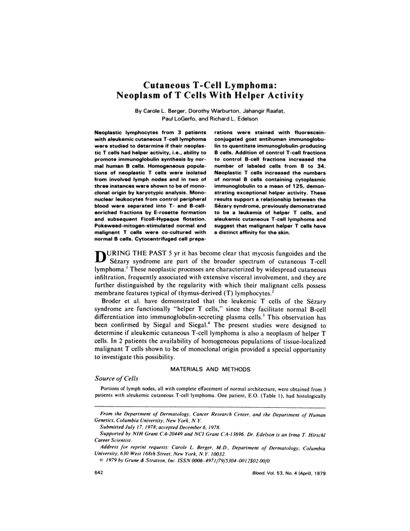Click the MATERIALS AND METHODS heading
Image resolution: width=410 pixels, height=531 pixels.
point(210,369)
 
